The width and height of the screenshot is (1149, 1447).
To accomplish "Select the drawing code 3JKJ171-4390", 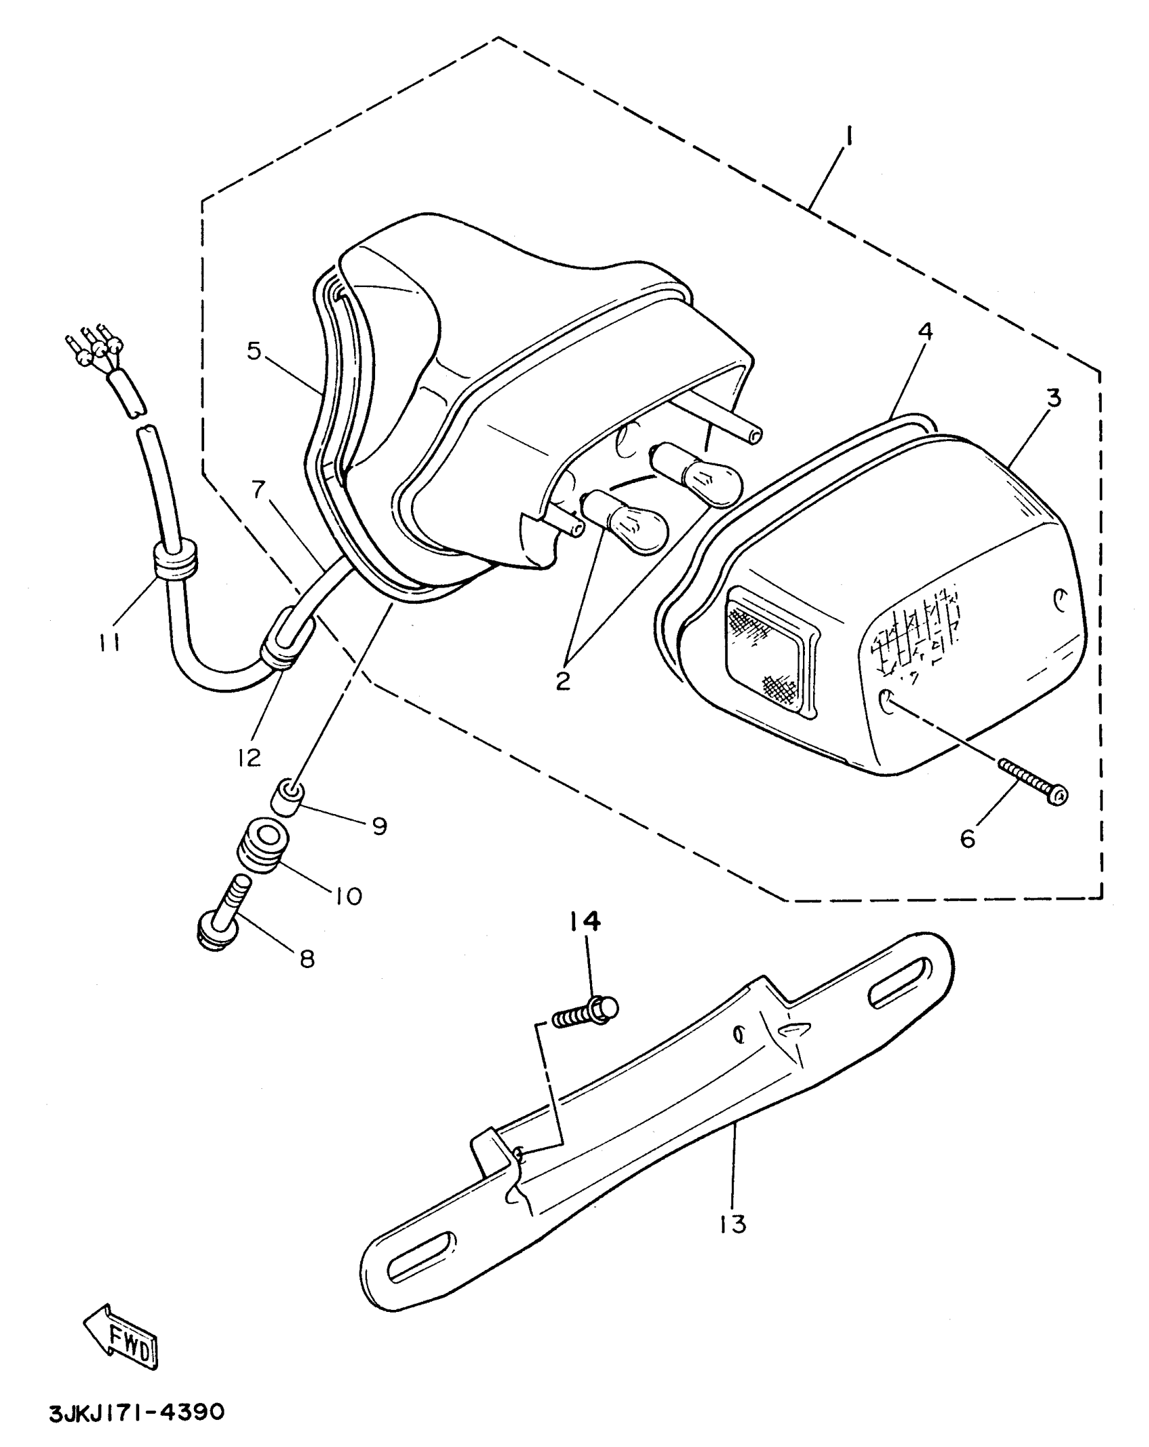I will click(x=136, y=1413).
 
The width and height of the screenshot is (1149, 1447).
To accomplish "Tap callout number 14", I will click(x=585, y=921).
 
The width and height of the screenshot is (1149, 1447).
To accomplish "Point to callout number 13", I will click(x=733, y=1223).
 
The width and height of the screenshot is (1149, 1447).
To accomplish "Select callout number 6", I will click(x=967, y=839).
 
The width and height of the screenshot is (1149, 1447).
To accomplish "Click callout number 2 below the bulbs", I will click(x=563, y=681).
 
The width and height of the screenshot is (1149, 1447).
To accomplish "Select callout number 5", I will click(x=254, y=351).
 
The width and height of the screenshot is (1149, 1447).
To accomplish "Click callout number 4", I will click(x=925, y=331).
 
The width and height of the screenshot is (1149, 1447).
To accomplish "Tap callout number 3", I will click(x=1054, y=398).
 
